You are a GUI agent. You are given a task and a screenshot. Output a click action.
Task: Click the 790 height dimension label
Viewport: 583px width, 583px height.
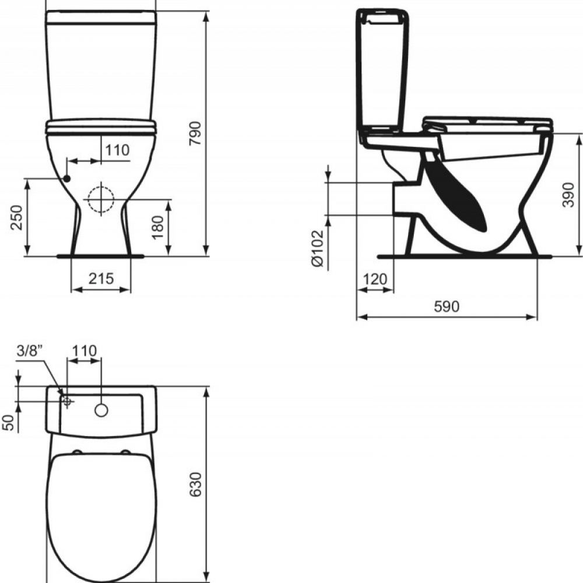tap(195, 133)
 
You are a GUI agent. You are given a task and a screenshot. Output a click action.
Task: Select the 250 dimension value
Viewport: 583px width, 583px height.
tap(17, 217)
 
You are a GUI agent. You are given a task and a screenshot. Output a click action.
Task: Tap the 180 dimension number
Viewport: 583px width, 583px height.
tap(157, 227)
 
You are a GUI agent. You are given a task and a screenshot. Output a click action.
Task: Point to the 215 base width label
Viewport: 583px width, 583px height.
tap(101, 279)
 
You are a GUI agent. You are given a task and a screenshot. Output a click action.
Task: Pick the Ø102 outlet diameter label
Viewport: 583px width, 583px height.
tap(318, 248)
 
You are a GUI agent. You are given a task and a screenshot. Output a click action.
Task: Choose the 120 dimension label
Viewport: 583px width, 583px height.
tap(375, 279)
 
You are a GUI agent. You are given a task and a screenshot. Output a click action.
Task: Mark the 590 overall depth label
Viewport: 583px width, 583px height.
tap(447, 307)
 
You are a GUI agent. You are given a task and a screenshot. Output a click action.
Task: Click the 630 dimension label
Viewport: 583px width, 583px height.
tap(195, 484)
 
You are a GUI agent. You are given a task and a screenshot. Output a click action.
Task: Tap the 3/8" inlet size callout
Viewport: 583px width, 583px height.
tap(30, 350)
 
